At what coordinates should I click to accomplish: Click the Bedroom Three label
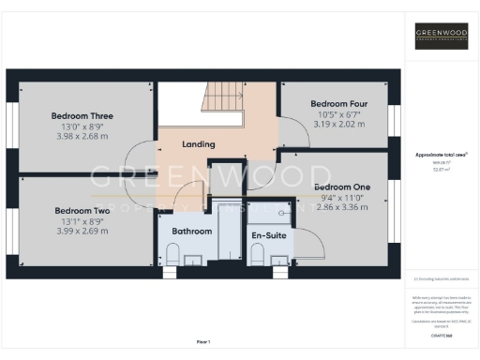pos(82,116)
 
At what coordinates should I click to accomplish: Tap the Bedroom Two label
pos(82,211)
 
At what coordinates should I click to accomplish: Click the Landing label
pos(199,144)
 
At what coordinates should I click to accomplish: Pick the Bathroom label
pos(190,231)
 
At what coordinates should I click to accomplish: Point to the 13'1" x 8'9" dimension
pos(82,221)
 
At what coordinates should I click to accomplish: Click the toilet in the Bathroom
pos(173,253)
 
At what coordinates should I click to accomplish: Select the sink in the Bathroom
pos(193,261)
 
